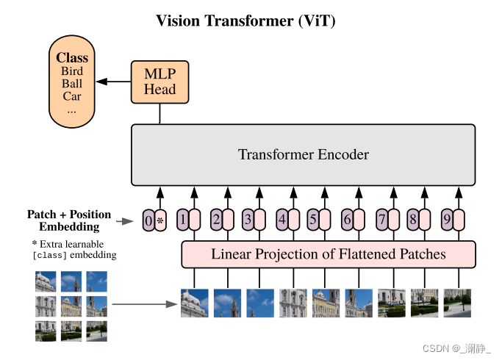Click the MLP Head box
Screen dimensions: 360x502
point(159,82)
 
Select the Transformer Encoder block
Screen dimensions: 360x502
point(303,155)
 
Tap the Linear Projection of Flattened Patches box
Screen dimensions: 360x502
point(329,255)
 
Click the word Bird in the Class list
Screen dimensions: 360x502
point(72,71)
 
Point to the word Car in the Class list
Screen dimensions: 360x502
point(72,96)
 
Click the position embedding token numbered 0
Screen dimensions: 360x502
point(148,220)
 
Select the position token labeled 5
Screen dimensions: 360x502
point(313,219)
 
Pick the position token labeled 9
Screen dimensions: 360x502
point(446,219)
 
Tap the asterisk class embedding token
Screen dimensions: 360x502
point(161,220)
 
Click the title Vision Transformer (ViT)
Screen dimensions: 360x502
point(245,21)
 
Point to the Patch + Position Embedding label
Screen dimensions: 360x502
point(69,220)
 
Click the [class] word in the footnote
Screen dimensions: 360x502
point(50,256)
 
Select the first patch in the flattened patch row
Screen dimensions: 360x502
point(195,303)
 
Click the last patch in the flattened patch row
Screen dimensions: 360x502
point(457,303)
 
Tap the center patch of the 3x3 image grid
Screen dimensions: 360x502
point(71,306)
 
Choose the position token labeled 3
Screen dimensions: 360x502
point(248,219)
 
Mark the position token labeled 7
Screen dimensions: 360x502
point(381,219)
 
